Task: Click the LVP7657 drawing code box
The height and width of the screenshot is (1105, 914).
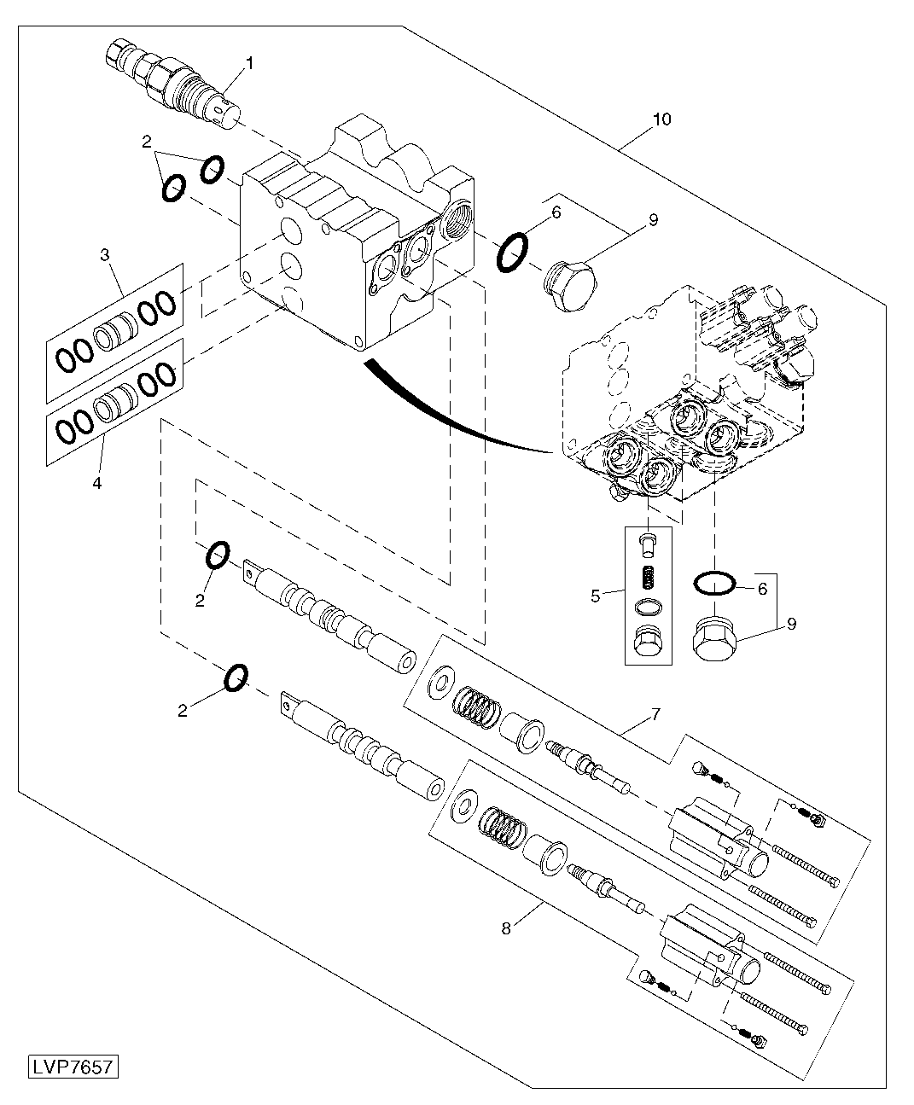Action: pos(73,1067)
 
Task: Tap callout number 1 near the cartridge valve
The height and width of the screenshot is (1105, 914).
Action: pos(250,62)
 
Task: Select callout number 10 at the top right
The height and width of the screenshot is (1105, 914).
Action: pos(661,119)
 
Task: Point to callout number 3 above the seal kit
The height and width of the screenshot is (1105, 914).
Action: pos(104,254)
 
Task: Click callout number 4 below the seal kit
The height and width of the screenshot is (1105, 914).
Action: pos(96,483)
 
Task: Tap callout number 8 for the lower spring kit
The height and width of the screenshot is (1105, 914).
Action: pos(506,928)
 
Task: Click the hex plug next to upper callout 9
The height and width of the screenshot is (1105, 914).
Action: pos(571,286)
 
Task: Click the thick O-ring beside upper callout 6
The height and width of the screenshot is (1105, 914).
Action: pos(511,253)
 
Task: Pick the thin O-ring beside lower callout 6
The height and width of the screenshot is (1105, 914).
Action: pos(713,583)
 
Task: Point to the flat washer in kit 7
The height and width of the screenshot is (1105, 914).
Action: pos(442,681)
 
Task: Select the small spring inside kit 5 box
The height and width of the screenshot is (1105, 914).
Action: pos(648,578)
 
